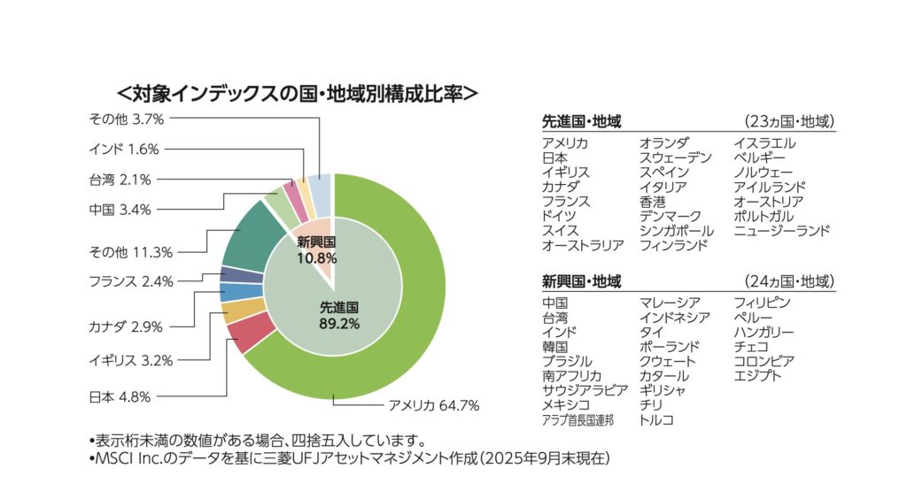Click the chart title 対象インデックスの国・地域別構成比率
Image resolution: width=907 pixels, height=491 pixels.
click(x=298, y=92)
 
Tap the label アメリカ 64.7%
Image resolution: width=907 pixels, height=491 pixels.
click(x=434, y=406)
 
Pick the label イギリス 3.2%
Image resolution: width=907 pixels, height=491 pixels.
click(x=130, y=360)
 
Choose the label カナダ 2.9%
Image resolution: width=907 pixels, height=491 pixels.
click(x=125, y=326)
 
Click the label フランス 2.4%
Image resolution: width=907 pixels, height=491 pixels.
click(x=130, y=281)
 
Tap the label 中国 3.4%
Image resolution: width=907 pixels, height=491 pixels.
click(x=120, y=210)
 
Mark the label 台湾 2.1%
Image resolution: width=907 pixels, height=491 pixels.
click(x=120, y=180)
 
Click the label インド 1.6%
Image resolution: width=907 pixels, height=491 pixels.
click(x=124, y=149)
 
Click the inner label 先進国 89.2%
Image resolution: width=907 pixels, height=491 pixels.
click(x=338, y=315)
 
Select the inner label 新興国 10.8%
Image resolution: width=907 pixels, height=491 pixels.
click(x=315, y=250)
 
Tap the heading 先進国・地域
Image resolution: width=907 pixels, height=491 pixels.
click(x=581, y=122)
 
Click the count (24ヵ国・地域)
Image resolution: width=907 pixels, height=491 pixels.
click(x=789, y=282)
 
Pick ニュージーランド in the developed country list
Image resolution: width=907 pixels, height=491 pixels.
click(x=781, y=231)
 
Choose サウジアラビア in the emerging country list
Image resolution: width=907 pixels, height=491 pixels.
click(x=585, y=390)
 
